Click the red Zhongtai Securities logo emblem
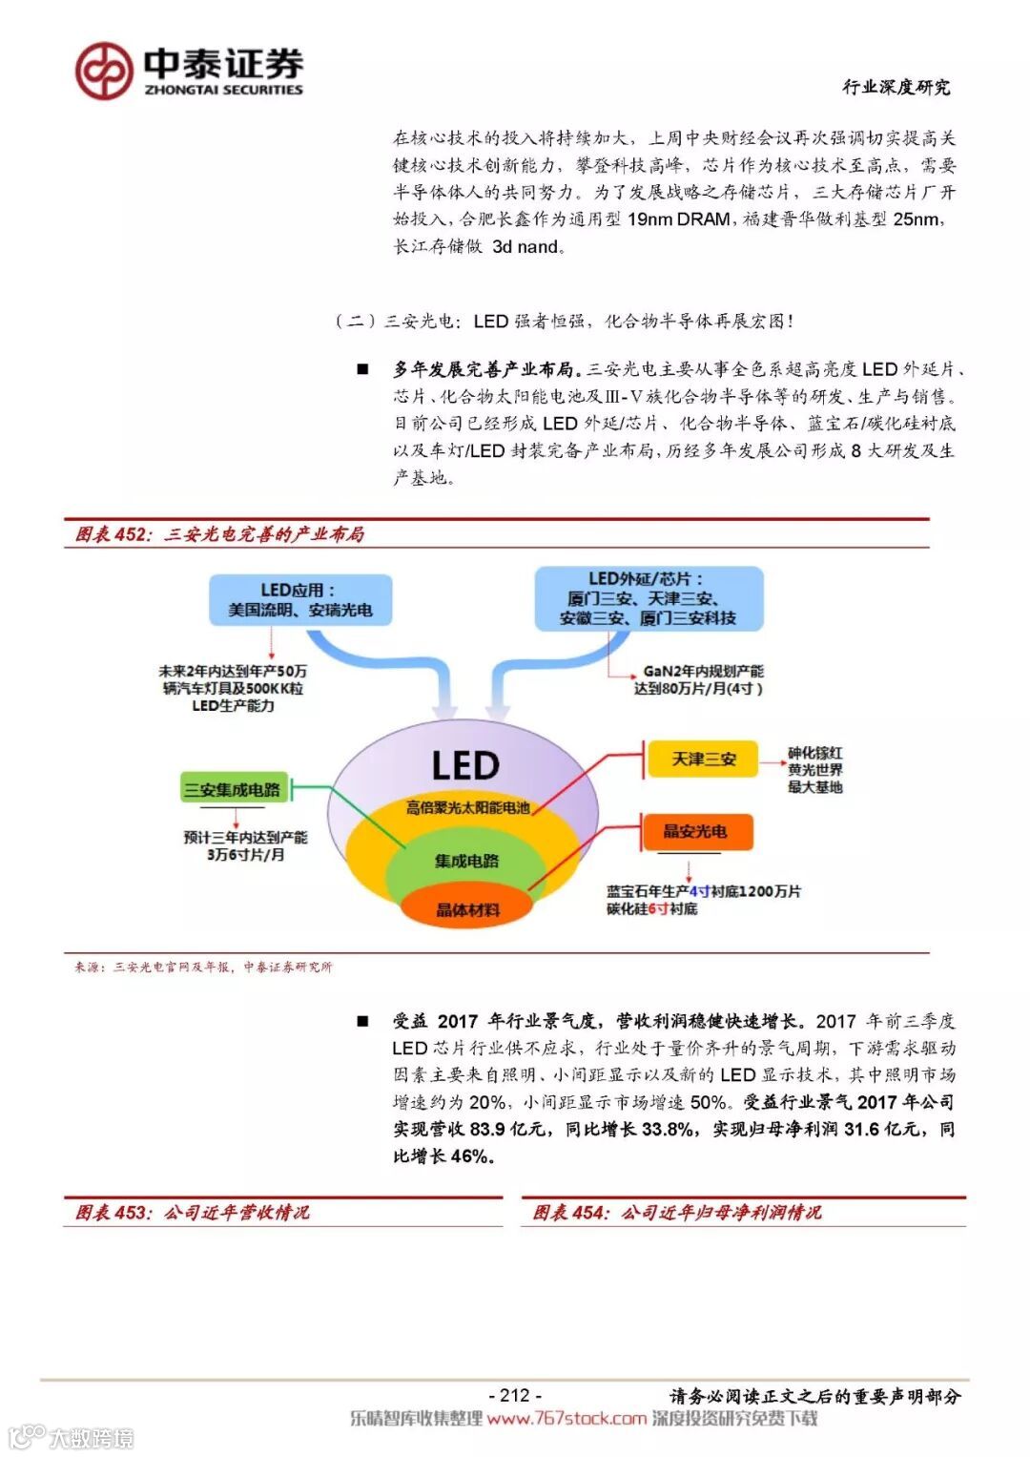click(104, 71)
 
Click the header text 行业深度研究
click(896, 87)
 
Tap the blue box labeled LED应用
click(299, 599)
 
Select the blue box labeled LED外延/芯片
click(648, 598)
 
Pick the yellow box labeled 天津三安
click(704, 760)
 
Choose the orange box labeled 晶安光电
click(695, 831)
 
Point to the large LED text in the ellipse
click(464, 765)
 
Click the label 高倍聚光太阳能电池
click(467, 807)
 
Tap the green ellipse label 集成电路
click(466, 861)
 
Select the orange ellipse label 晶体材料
click(466, 909)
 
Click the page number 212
click(514, 1395)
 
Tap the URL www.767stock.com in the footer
click(566, 1419)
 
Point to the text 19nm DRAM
click(679, 219)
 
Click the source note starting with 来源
click(204, 967)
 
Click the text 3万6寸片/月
click(246, 855)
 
